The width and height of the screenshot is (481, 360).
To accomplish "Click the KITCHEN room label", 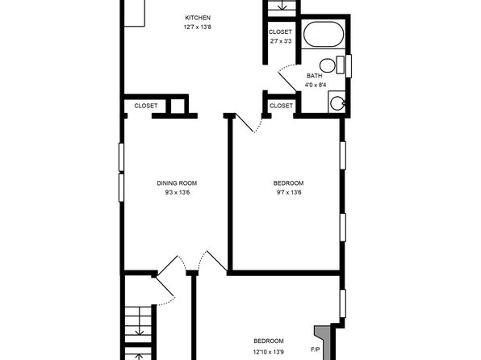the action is coord(198,18).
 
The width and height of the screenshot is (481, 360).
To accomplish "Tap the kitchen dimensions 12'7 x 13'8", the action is coord(198,27).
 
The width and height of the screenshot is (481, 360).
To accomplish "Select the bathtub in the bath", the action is coord(324,34).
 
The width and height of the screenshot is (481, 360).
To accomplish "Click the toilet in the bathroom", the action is coord(332,65).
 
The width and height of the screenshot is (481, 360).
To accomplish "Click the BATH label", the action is coord(315,76).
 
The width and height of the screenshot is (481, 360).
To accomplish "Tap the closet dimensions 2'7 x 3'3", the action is coord(280,41).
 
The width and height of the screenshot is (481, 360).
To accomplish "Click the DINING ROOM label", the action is coord(177,183).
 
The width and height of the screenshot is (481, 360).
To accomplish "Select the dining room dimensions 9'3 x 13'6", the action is coord(177,193).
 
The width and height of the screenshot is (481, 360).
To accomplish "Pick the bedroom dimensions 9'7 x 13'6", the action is coord(288,193).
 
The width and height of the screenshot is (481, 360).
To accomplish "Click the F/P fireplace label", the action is coord(316,350).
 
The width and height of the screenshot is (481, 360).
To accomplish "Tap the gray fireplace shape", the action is coord(324,342).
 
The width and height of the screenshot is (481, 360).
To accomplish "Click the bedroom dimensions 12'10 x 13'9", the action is coord(269,352).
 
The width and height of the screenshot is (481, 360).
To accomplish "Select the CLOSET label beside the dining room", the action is coord(146,106).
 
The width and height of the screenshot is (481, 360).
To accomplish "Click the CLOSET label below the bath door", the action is coord(281,106).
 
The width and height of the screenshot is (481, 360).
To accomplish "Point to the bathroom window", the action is coord(349,66).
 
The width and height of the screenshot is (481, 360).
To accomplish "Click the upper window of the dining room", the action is coord(121,157).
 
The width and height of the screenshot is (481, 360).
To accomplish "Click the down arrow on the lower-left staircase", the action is coord(140,321).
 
